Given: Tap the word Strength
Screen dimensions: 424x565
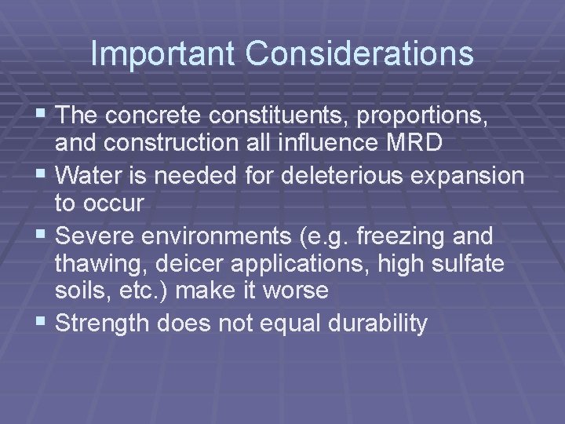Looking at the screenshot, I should (110, 322).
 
